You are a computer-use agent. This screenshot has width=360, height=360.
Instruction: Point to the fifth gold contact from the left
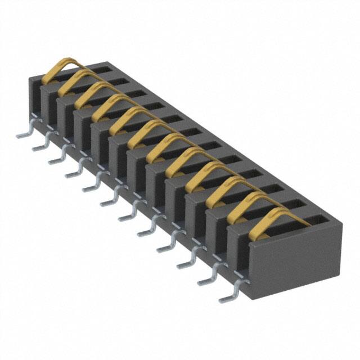(127, 118)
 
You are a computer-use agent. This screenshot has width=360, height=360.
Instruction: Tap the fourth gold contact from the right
(197, 174)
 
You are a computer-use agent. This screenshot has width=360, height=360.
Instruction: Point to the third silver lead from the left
(57, 160)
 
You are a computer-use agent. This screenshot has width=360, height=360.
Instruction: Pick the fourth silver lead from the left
(74, 173)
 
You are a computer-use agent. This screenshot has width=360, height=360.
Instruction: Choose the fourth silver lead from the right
(165, 246)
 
